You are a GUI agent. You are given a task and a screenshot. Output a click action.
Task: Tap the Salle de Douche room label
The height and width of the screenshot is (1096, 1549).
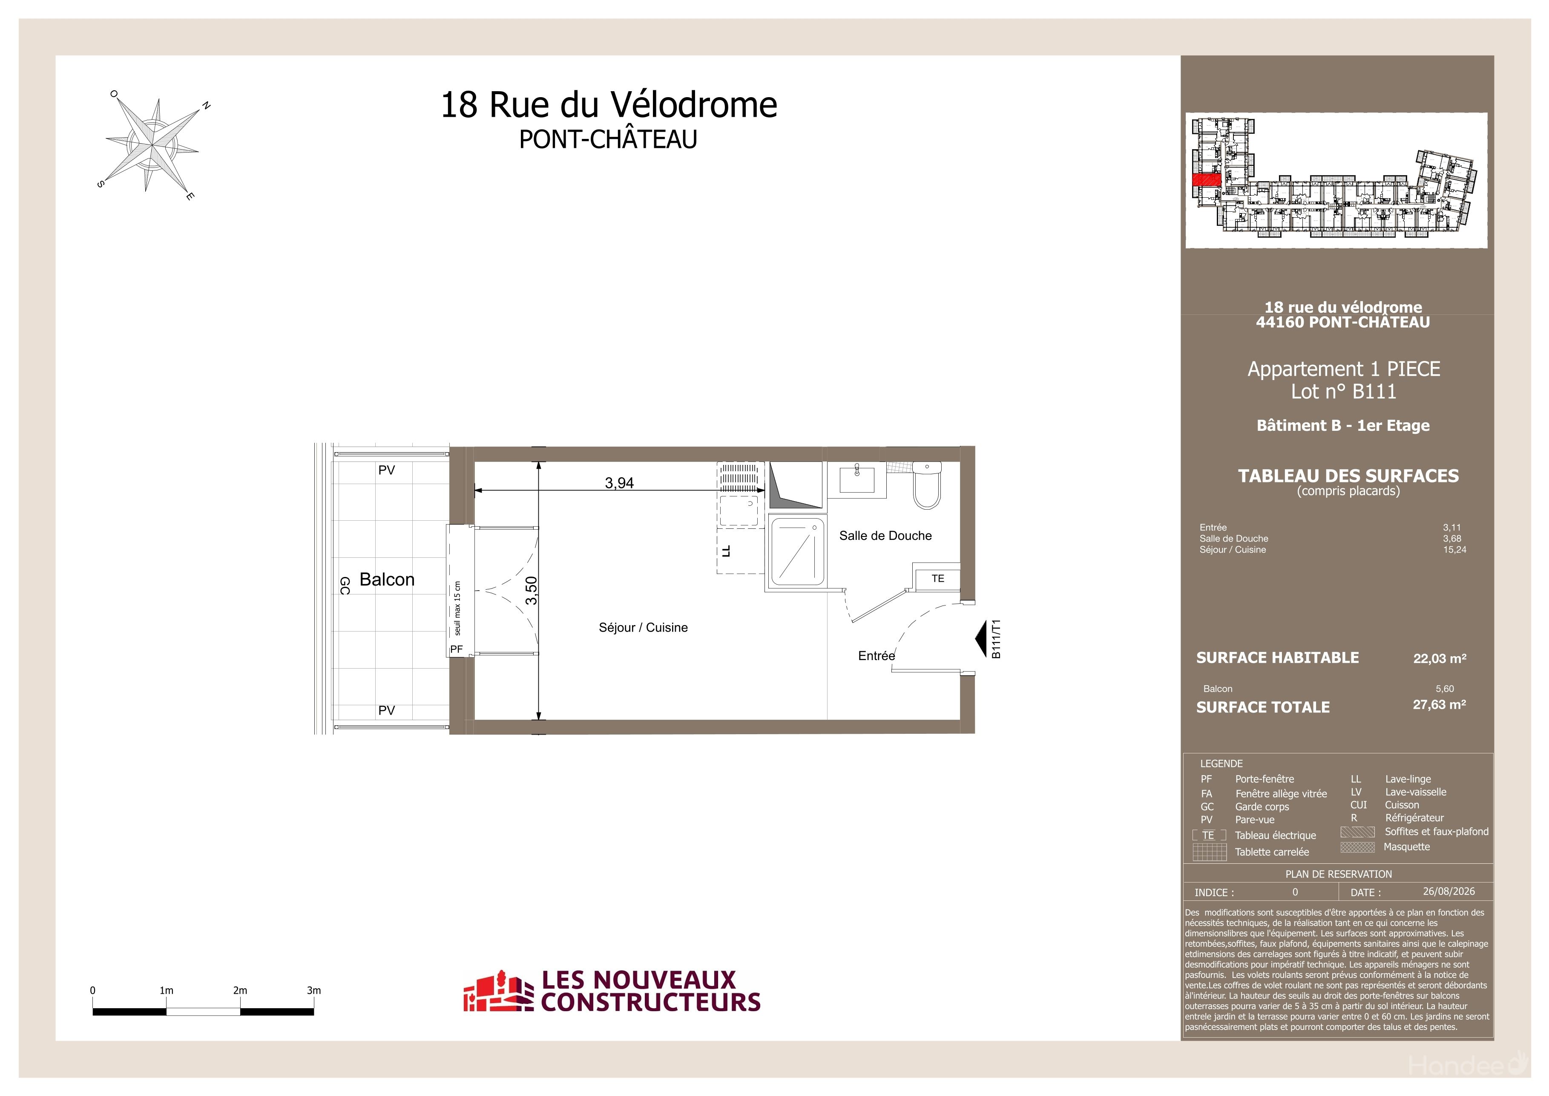(x=885, y=536)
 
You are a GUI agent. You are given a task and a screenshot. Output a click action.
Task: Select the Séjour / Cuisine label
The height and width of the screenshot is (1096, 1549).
(x=643, y=628)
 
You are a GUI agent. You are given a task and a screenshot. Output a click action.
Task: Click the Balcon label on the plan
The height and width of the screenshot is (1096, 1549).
(x=387, y=580)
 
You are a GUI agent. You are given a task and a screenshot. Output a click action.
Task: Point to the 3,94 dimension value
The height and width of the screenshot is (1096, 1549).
(x=619, y=482)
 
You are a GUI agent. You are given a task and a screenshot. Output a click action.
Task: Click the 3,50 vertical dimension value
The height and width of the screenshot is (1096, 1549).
(x=532, y=591)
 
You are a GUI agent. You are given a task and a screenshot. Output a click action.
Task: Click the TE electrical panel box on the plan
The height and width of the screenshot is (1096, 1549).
(x=937, y=578)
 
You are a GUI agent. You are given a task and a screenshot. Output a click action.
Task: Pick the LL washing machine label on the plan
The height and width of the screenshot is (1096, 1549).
(x=726, y=551)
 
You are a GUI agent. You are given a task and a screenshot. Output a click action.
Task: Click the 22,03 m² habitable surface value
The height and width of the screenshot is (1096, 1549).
(x=1440, y=659)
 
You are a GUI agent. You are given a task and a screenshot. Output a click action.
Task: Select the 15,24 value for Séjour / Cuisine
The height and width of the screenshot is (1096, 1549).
(x=1454, y=549)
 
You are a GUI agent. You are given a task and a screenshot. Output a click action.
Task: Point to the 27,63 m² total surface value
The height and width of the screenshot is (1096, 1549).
(x=1439, y=704)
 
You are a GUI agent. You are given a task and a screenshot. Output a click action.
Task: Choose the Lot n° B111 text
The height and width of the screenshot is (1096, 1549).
(x=1343, y=392)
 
